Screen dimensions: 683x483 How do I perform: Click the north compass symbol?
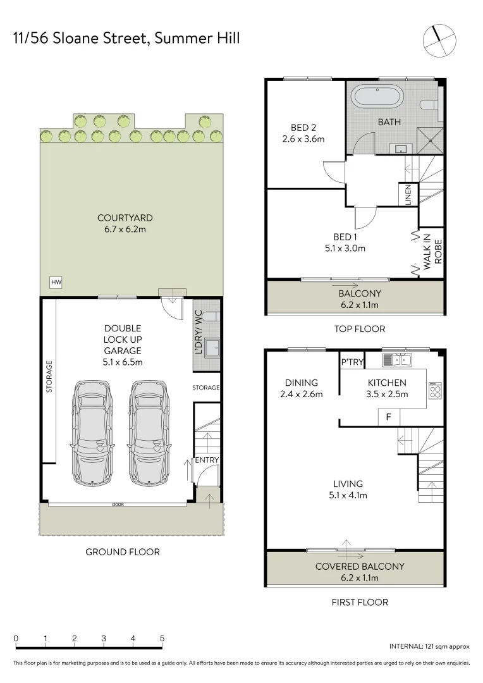tap(439, 39)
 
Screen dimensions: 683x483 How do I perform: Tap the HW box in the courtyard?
tap(55, 282)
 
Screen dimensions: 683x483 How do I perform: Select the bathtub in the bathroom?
tap(376, 98)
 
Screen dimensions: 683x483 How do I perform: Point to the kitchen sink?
tap(397, 360)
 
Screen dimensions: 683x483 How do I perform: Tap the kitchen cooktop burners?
tap(434, 390)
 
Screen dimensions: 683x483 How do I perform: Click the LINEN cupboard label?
tap(408, 194)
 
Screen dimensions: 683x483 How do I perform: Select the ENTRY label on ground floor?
tap(206, 460)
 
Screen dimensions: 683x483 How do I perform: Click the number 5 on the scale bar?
tap(162, 638)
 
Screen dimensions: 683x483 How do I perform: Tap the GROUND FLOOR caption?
tap(123, 551)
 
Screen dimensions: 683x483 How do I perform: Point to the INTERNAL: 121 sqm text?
tap(429, 646)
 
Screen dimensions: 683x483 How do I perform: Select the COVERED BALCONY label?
tap(360, 567)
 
